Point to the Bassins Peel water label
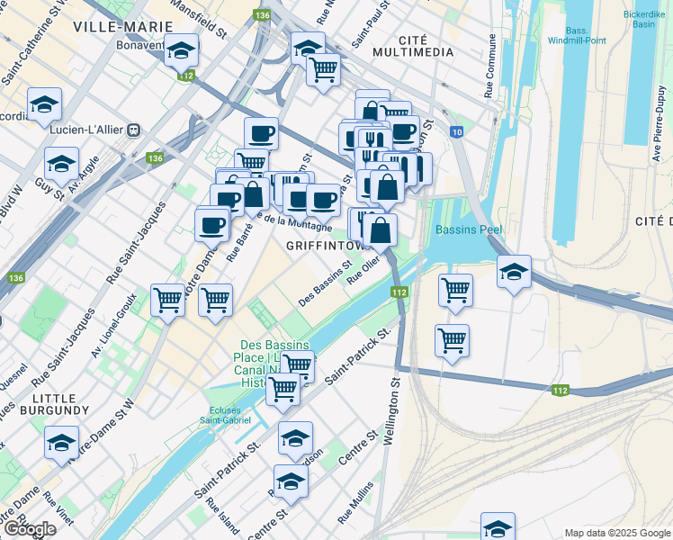tap(468, 229)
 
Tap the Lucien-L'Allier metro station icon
tap(132, 130)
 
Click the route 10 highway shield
tap(457, 132)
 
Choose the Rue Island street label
tap(219, 519)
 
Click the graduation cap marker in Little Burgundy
tap(61, 442)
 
